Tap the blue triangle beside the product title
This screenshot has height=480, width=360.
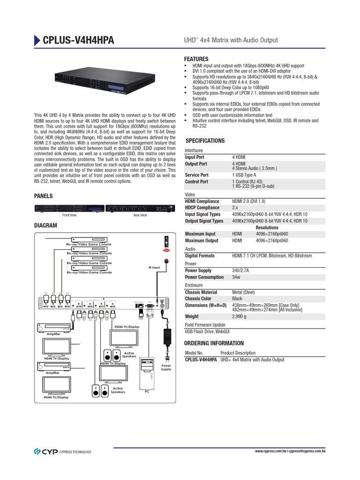37,41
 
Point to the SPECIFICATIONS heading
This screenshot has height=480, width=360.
205,141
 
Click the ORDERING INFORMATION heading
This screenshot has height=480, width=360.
214,343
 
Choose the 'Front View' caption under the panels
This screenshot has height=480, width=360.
69,215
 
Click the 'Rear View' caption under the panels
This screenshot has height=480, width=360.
140,215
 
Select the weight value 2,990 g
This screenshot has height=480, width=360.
240,316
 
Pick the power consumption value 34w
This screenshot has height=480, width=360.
237,277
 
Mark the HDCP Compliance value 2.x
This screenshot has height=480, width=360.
235,208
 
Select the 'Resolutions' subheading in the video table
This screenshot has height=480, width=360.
267,227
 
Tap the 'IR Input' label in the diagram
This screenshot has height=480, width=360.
154,268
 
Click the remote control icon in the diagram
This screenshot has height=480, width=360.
165,241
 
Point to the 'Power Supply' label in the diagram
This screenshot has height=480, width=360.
166,367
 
